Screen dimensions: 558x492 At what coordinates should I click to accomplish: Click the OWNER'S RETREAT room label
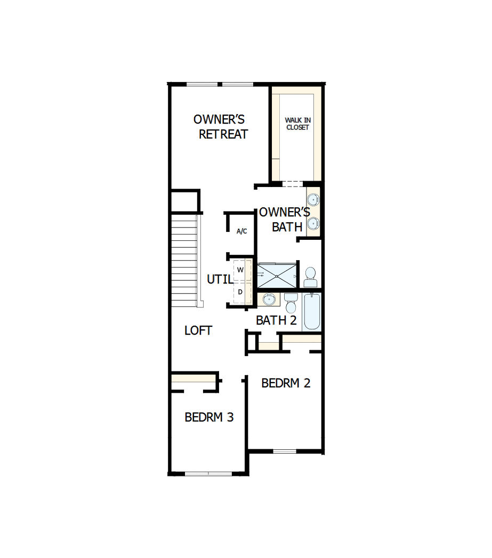click(221, 127)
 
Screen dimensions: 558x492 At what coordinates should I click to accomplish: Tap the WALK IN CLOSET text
click(297, 124)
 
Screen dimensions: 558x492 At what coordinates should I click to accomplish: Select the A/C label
click(241, 231)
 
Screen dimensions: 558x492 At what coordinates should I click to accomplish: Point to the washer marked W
click(240, 270)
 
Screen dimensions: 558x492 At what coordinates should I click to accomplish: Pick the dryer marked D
click(240, 292)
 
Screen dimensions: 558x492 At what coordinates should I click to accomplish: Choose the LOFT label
click(198, 330)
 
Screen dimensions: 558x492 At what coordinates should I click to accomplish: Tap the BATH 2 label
click(276, 320)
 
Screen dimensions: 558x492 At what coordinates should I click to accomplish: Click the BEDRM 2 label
click(286, 383)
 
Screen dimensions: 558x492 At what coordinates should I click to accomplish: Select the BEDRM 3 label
click(209, 417)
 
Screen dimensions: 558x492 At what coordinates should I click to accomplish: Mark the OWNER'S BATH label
click(285, 220)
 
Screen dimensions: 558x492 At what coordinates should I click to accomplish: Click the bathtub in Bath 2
click(312, 312)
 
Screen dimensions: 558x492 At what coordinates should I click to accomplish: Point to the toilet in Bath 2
click(291, 303)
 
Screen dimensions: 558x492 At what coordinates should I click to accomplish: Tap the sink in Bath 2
click(269, 300)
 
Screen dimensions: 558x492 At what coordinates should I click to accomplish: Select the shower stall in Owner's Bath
click(277, 276)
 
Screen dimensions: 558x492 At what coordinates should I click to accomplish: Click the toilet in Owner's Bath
click(310, 277)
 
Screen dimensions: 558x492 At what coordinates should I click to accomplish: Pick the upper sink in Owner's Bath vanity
click(314, 200)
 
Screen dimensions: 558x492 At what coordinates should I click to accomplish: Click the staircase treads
click(184, 261)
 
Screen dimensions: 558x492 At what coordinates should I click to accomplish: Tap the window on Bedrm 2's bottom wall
click(284, 451)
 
